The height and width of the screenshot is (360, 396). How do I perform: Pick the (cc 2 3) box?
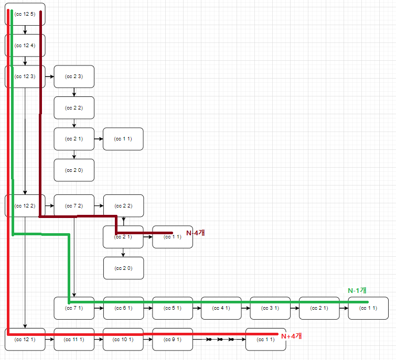pyautogui.click(x=74, y=77)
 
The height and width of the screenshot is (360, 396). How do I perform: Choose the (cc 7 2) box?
pyautogui.click(x=74, y=205)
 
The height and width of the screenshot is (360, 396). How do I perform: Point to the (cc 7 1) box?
pyautogui.click(x=74, y=308)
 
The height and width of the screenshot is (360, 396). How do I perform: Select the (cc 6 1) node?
pyautogui.click(x=123, y=308)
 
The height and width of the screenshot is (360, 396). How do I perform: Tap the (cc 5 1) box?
pyautogui.click(x=172, y=308)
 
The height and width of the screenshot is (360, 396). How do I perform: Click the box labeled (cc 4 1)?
pyautogui.click(x=221, y=308)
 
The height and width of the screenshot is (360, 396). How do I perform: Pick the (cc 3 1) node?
pyautogui.click(x=270, y=308)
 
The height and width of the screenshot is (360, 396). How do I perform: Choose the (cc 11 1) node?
pyautogui.click(x=74, y=340)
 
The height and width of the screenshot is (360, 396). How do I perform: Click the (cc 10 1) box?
pyautogui.click(x=123, y=340)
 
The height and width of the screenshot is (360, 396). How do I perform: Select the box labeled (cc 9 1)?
pyautogui.click(x=172, y=340)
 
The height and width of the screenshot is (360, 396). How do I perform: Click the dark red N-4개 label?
pyautogui.click(x=195, y=233)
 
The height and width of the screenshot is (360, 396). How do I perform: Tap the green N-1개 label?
pyautogui.click(x=357, y=290)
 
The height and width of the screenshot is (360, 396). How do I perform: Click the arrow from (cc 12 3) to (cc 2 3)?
pyautogui.click(x=49, y=77)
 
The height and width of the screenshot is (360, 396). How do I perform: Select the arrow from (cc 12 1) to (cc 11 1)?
pyautogui.click(x=49, y=340)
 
